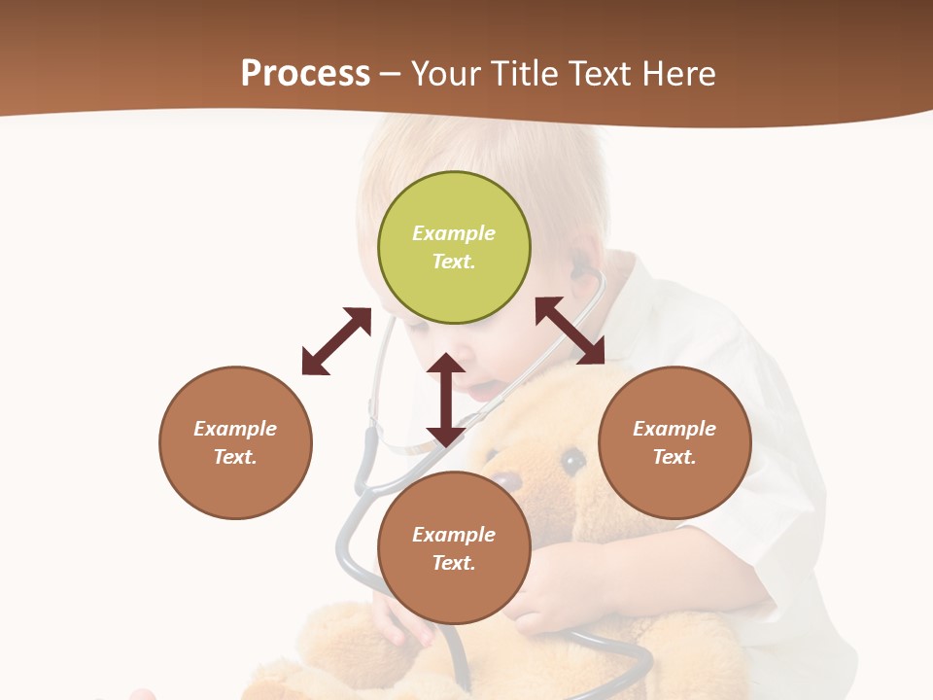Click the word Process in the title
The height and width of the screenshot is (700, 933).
(305, 74)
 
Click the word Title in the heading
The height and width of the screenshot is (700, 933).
(524, 74)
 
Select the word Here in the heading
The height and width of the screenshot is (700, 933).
(675, 74)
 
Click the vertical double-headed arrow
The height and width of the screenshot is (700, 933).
(445, 400)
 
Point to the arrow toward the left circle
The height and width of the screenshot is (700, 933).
(336, 341)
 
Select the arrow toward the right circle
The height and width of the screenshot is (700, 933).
(570, 331)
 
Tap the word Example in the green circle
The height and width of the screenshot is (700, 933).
(454, 233)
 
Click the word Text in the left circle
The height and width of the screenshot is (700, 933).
(235, 457)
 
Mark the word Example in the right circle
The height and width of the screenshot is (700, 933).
(674, 429)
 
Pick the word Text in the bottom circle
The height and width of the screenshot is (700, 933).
(454, 563)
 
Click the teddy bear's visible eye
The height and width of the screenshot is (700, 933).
(573, 459)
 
